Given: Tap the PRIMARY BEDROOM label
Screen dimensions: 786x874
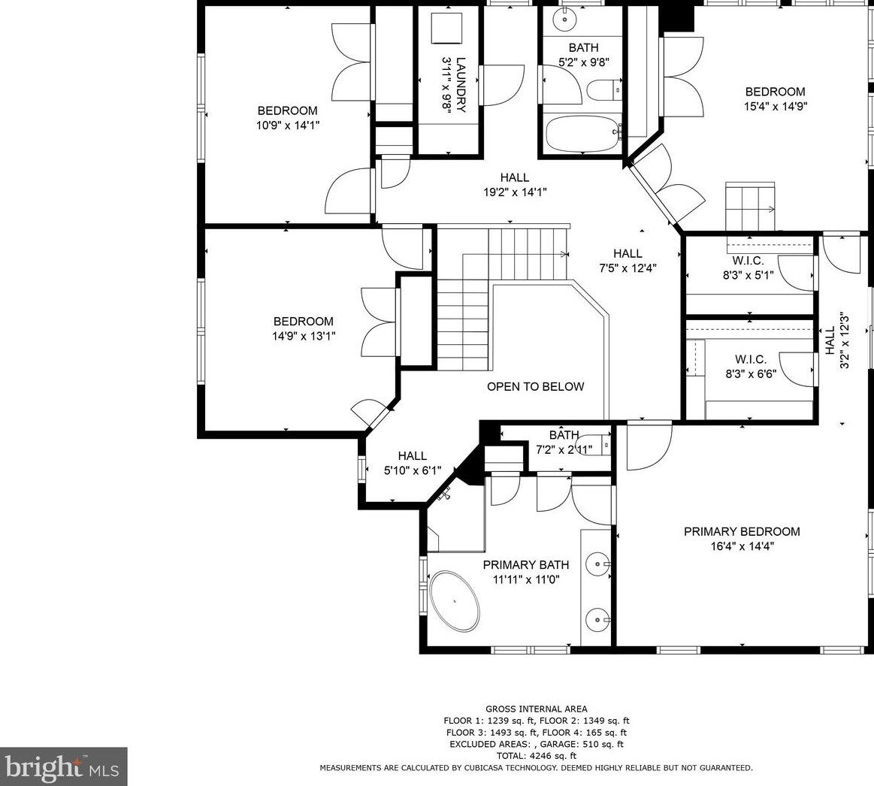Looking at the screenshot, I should [x=742, y=531].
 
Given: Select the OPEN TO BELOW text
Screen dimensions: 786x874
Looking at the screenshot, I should [x=535, y=387].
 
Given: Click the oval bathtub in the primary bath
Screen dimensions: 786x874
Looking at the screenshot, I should [x=455, y=602].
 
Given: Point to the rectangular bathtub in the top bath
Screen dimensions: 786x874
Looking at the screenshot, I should [x=582, y=133].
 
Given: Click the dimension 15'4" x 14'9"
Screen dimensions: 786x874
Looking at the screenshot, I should [x=775, y=107].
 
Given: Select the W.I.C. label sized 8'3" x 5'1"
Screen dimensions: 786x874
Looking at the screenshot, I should [x=748, y=261].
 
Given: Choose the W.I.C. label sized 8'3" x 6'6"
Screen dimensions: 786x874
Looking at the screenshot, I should [x=749, y=358].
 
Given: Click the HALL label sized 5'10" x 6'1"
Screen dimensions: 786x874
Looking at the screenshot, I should [x=412, y=455].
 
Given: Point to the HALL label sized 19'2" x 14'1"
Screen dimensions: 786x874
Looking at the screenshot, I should [x=515, y=177].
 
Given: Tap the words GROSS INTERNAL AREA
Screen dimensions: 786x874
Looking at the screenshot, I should [x=536, y=709].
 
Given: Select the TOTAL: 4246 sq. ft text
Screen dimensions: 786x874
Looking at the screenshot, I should [x=536, y=756].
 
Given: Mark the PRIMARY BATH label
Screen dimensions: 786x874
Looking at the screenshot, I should [x=525, y=565].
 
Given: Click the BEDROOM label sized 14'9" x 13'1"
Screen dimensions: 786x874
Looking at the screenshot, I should [x=303, y=322].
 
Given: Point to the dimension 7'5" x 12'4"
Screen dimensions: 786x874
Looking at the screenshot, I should [x=627, y=268].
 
